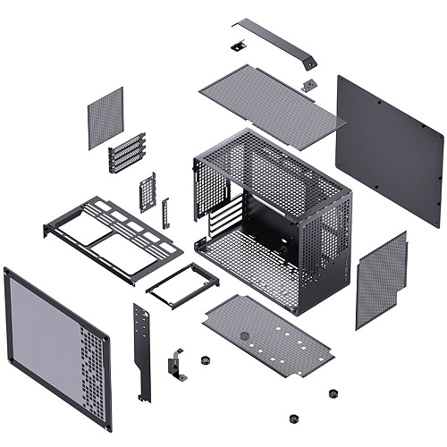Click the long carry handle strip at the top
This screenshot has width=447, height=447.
pyautogui.click(x=278, y=40)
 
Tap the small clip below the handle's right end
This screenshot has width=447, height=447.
pyautogui.click(x=308, y=85)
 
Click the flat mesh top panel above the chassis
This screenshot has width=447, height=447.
pyautogui.click(x=269, y=97)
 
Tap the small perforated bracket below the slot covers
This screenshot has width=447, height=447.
pyautogui.click(x=148, y=191)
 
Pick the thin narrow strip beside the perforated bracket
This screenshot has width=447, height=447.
pyautogui.click(x=165, y=213)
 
